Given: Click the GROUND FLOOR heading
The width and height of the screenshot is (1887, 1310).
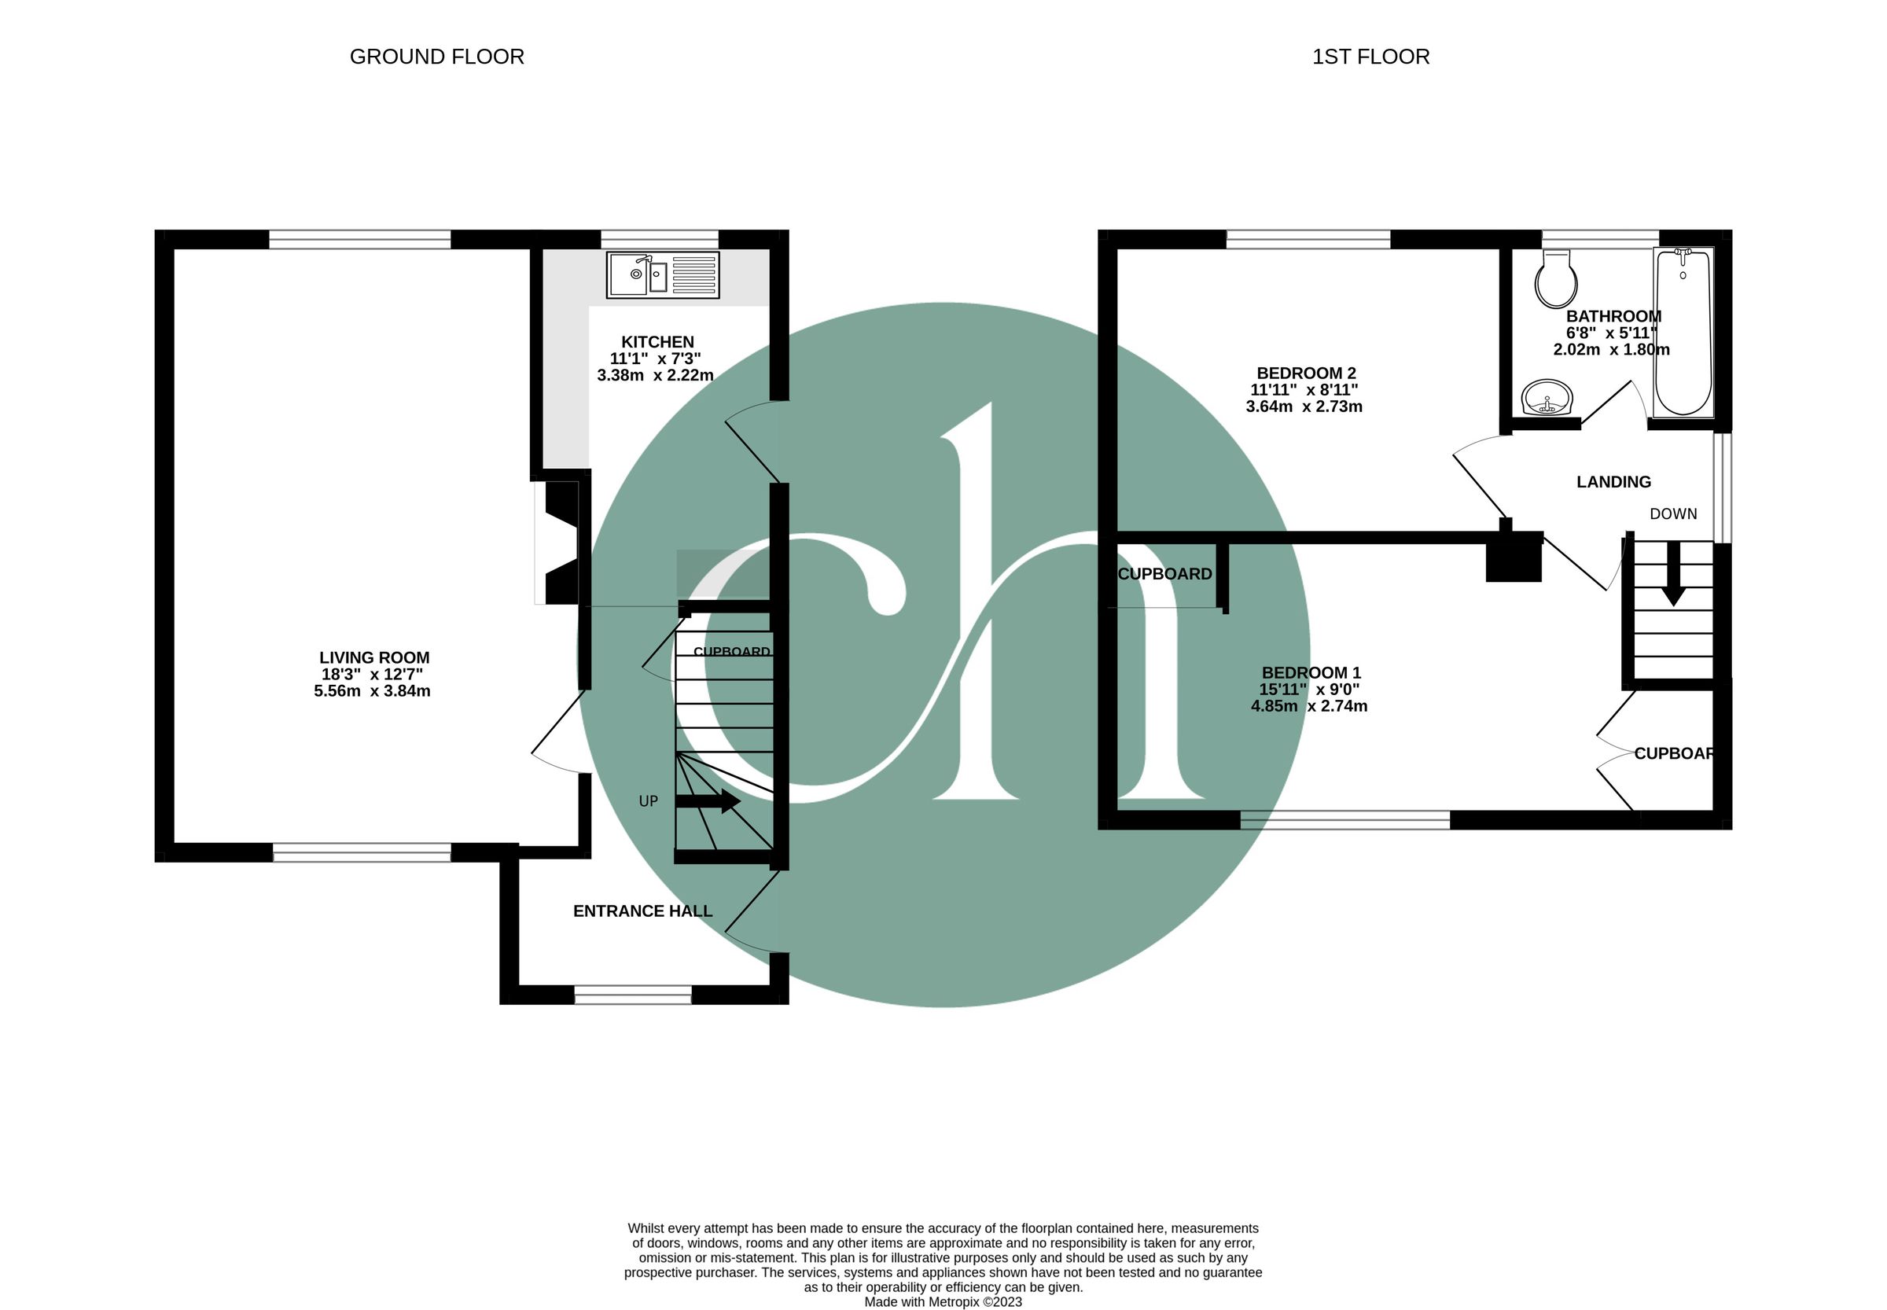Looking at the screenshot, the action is click(x=436, y=57).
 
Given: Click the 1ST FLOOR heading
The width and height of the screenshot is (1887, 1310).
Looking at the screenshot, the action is click(x=1370, y=57).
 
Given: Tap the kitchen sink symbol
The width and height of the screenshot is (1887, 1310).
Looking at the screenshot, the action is click(x=662, y=275).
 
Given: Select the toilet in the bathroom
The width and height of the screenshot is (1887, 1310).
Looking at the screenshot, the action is click(x=1556, y=279).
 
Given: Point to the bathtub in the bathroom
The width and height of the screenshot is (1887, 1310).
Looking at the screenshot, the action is click(x=1683, y=332).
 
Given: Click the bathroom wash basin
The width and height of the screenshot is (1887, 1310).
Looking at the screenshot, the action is click(x=1547, y=398).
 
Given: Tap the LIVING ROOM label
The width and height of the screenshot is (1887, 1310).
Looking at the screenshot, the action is click(x=374, y=657).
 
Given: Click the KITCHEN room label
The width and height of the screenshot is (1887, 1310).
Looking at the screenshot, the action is click(x=657, y=341).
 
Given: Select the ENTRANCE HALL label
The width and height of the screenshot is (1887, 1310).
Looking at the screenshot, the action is click(x=642, y=911).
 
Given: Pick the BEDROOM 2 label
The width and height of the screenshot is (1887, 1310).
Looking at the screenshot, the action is click(x=1305, y=373).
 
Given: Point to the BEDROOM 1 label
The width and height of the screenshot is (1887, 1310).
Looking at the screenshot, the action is click(x=1311, y=673).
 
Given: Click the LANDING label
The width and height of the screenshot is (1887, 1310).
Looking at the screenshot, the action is click(x=1613, y=482).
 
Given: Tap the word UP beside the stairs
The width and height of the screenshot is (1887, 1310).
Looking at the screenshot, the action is click(x=649, y=801).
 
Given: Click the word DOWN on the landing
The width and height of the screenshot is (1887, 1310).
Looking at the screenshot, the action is click(x=1674, y=513).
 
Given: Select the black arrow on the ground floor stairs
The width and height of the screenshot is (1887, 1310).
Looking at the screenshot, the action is click(x=708, y=801).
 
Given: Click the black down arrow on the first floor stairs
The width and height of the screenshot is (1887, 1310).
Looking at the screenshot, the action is click(x=1673, y=574).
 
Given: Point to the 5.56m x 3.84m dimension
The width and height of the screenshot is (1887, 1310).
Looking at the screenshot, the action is click(x=372, y=691).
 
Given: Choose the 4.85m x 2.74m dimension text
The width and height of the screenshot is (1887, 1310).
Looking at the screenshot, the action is click(x=1309, y=706).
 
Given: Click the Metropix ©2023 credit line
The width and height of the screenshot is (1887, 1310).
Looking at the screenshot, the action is click(x=943, y=1302).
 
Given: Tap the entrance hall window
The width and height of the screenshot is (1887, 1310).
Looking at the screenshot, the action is click(x=633, y=995).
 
